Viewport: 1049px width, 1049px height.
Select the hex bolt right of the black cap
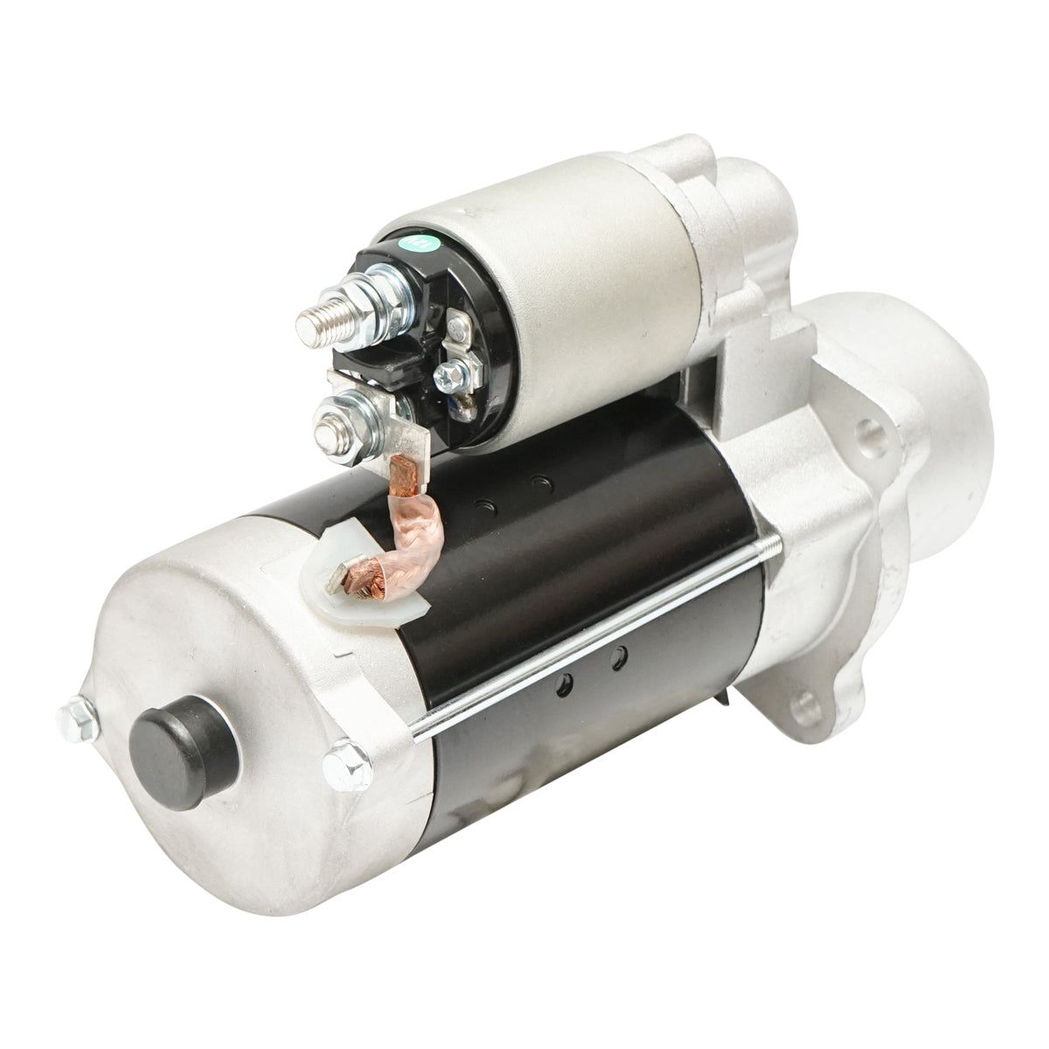pyautogui.click(x=340, y=762)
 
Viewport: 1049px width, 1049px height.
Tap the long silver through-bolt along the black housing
pyautogui.click(x=594, y=637)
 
